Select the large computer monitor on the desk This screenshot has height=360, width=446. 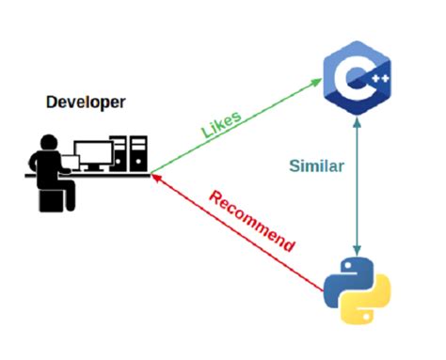pos(92,153)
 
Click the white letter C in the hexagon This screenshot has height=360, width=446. pos(352,79)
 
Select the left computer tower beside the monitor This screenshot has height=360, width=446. pos(119,155)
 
